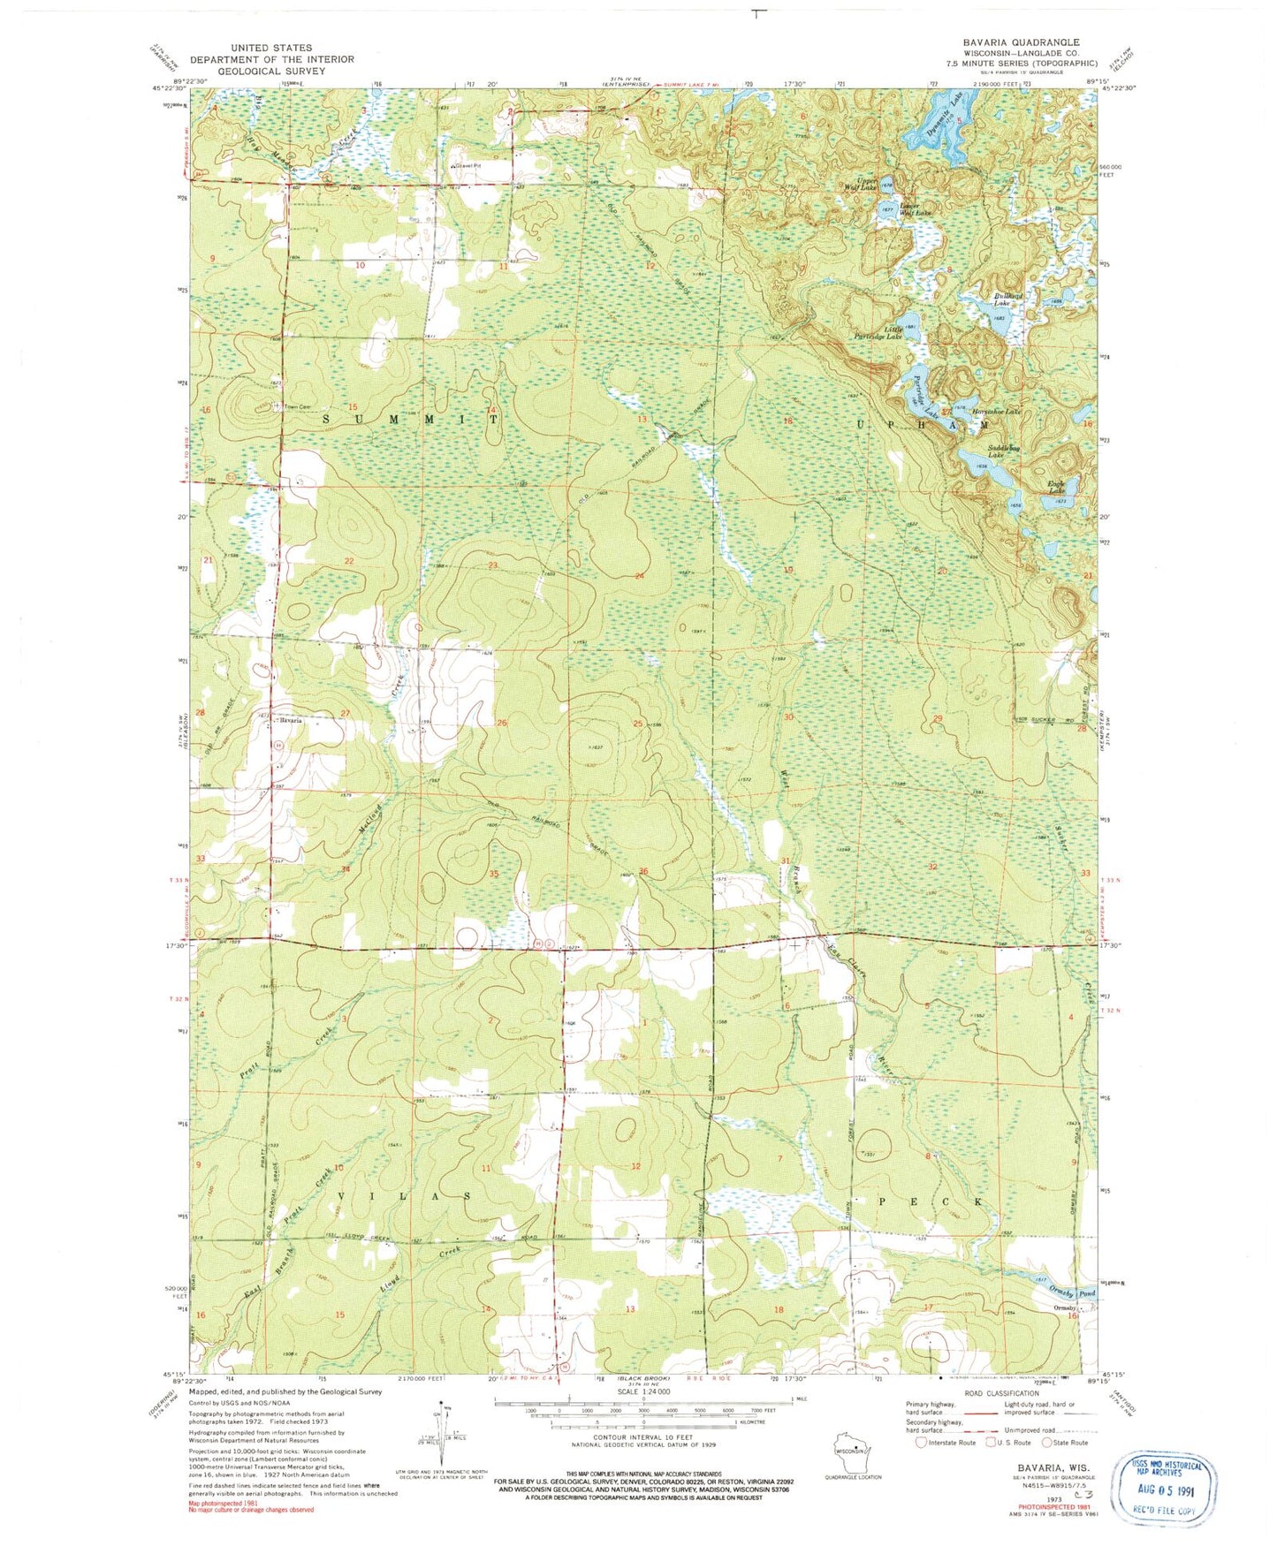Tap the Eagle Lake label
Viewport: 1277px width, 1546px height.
1057,487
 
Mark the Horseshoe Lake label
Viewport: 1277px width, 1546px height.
997,412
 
